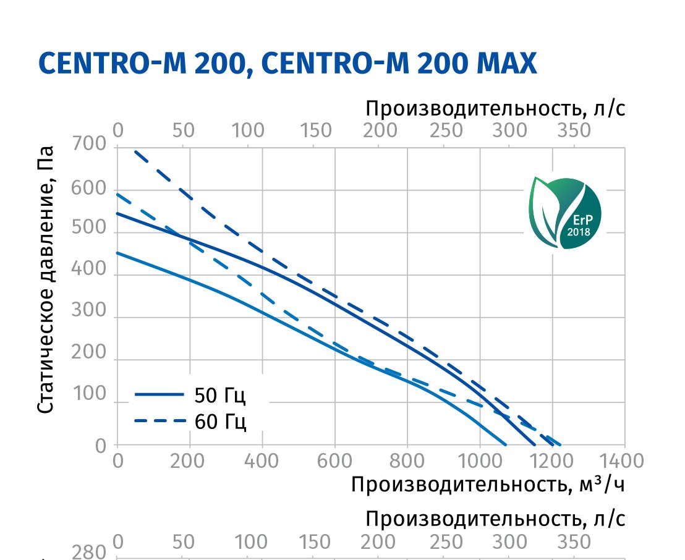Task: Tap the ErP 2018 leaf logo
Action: [564, 212]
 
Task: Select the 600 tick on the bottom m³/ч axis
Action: [335, 461]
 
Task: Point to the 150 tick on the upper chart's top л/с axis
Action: [315, 130]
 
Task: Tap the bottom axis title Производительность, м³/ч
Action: [488, 484]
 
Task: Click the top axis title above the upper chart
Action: [495, 109]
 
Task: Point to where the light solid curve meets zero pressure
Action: [506, 444]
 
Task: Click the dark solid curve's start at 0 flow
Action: [117, 213]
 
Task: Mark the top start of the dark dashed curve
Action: [135, 151]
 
